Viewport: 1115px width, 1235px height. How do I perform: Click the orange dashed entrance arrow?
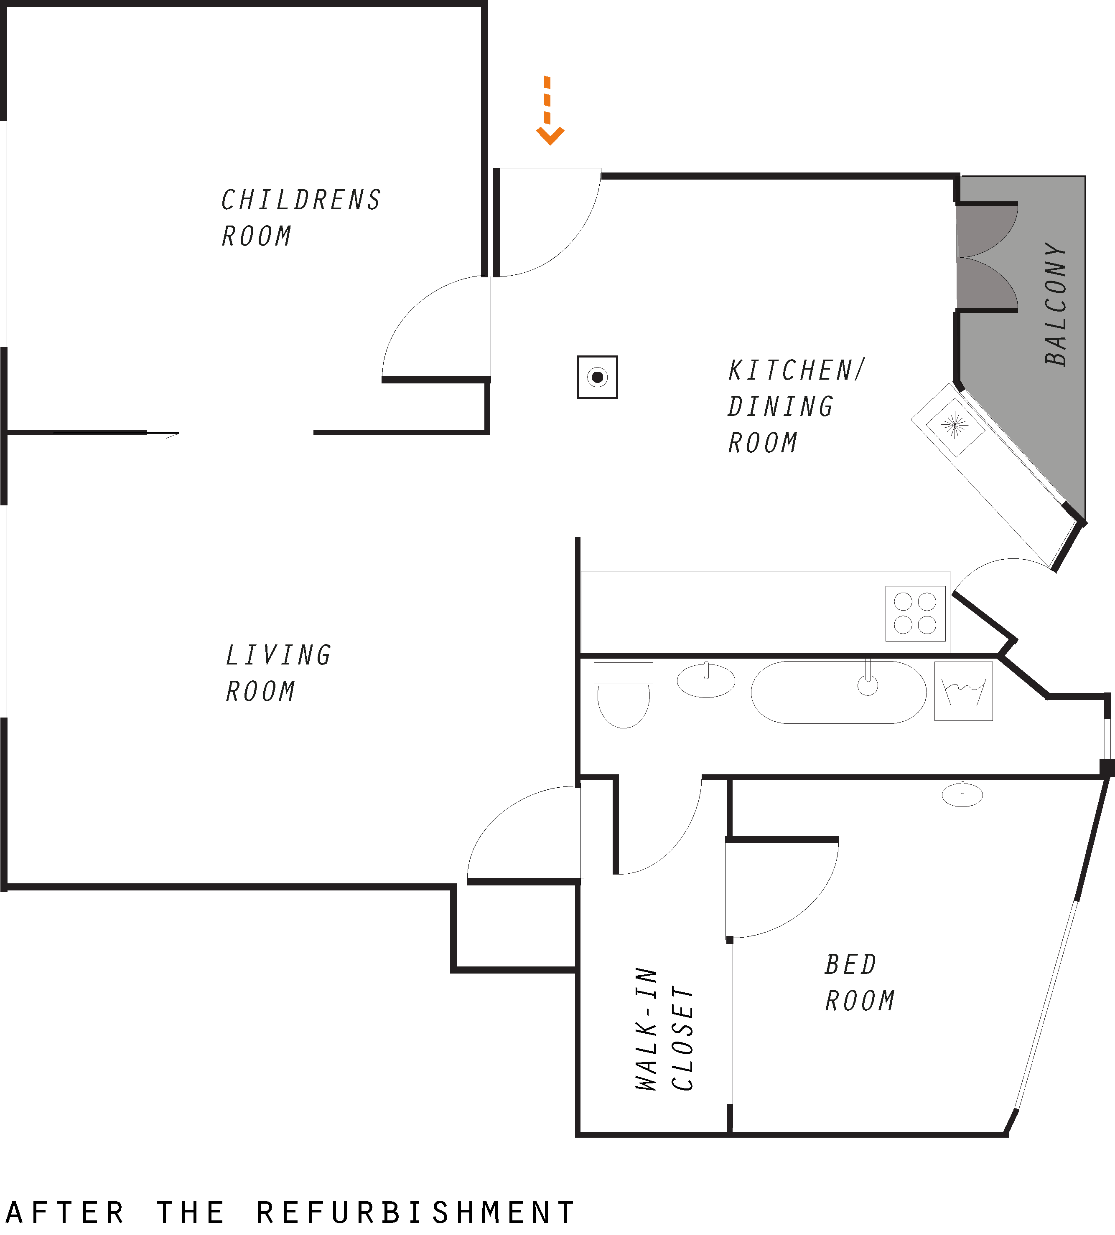pos(550,110)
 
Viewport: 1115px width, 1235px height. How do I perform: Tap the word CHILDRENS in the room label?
pos(301,200)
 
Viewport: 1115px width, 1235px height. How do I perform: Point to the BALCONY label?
pos(1056,304)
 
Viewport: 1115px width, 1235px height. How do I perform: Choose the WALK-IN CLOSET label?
pos(664,1029)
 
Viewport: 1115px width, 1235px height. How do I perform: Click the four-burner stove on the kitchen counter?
pos(915,614)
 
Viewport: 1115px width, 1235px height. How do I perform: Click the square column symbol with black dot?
pos(597,377)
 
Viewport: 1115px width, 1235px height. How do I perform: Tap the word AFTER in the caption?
pos(65,1213)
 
